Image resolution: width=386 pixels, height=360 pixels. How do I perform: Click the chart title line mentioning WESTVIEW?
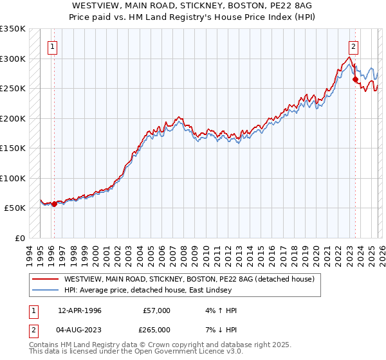(x=192, y=5)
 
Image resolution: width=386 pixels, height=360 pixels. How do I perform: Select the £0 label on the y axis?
(x=19, y=238)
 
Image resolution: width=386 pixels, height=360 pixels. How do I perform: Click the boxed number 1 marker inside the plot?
(x=52, y=46)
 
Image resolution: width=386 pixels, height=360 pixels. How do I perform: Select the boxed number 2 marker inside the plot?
(x=353, y=46)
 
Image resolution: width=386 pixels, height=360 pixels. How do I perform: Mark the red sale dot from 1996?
(x=54, y=204)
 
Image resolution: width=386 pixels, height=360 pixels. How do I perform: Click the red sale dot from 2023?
(x=355, y=80)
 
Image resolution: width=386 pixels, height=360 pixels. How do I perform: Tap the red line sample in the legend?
(x=45, y=280)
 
